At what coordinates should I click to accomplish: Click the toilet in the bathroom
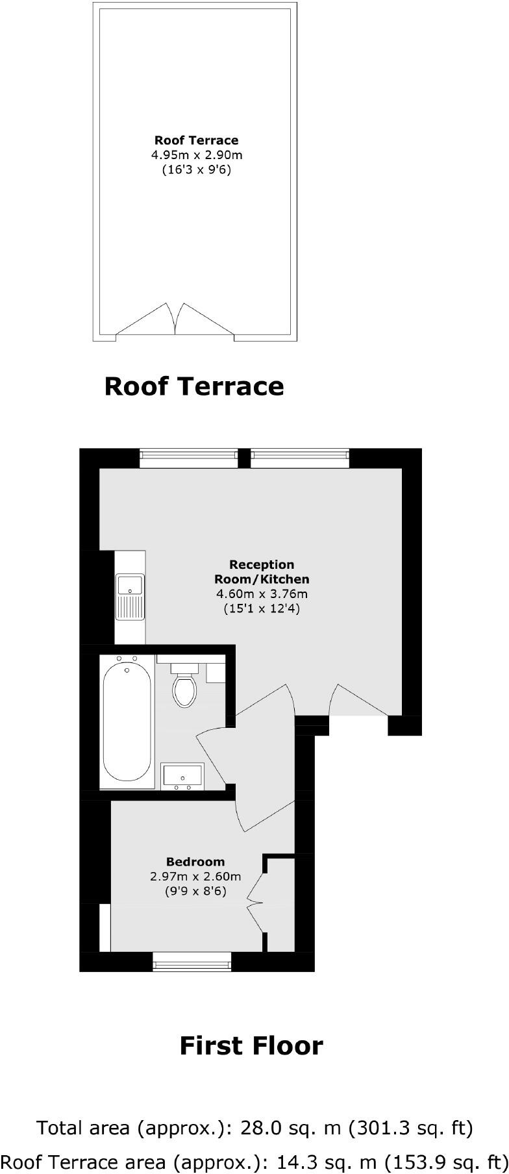185,690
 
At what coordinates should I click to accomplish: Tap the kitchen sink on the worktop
130,596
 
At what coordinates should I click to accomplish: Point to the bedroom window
192,961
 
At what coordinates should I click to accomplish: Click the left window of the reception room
188,458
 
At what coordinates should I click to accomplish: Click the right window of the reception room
300,458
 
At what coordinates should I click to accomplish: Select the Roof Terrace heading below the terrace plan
194,386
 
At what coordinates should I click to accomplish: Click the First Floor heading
251,1046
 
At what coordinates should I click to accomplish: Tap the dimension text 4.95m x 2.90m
197,155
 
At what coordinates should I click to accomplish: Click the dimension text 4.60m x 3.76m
262,593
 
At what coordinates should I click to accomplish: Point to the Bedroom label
195,862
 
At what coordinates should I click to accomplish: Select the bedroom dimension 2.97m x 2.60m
195,877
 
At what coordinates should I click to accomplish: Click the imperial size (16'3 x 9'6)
197,170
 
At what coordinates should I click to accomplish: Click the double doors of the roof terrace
175,319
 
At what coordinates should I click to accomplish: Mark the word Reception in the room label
262,564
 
